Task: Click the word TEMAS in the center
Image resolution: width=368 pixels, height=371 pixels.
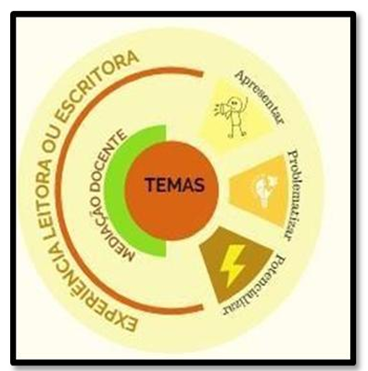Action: pyautogui.click(x=175, y=185)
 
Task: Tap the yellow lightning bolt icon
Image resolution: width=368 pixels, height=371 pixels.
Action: pyautogui.click(x=232, y=265)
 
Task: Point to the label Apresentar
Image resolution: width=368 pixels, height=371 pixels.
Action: pyautogui.click(x=259, y=97)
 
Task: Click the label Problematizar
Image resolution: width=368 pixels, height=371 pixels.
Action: pyautogui.click(x=293, y=196)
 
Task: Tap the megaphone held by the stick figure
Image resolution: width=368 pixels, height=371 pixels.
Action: pyautogui.click(x=222, y=109)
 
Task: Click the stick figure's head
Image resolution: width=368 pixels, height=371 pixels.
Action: pyautogui.click(x=234, y=102)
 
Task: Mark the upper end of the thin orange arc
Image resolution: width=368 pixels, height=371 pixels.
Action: pyautogui.click(x=202, y=73)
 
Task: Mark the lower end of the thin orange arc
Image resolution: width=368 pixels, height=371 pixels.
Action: pyautogui.click(x=202, y=307)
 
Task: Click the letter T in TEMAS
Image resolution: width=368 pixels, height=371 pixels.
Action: pyautogui.click(x=151, y=185)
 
